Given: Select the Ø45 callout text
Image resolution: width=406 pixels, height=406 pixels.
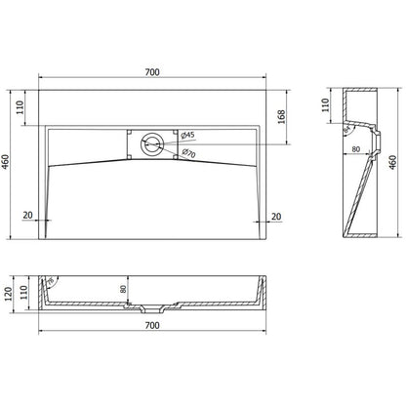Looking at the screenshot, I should (x=188, y=135).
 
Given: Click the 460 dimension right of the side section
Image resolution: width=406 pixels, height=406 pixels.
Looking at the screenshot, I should (x=392, y=163).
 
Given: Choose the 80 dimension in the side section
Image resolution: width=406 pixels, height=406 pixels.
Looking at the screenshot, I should (x=356, y=150).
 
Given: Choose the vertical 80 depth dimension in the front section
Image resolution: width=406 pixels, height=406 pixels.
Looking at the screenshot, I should (x=125, y=288).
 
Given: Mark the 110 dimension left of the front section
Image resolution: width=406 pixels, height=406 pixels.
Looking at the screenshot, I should (x=26, y=294).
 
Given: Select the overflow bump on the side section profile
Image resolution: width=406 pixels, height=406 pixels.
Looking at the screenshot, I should (x=368, y=126).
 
